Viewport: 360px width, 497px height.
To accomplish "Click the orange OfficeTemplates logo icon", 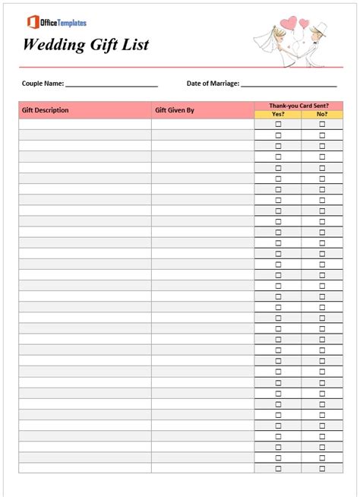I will click(x=33, y=22).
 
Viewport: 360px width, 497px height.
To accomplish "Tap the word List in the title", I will click(x=134, y=45).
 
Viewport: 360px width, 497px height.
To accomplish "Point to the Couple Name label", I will click(x=43, y=84).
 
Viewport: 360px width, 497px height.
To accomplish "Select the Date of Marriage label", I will click(x=213, y=84).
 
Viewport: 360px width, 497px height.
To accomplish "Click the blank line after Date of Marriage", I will click(x=289, y=85).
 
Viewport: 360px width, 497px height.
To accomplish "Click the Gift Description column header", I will click(x=46, y=110).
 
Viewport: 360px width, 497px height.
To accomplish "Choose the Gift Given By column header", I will click(x=175, y=110).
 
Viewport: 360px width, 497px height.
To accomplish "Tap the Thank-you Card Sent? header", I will click(x=298, y=106).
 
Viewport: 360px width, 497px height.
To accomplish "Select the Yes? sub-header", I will click(x=278, y=114).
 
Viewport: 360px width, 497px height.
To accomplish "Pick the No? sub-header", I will click(x=322, y=114).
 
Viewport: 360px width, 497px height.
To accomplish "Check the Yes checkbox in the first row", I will click(x=278, y=124).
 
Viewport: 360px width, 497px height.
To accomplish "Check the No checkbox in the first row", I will click(x=322, y=124).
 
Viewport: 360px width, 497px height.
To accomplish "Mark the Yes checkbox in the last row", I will click(x=278, y=469).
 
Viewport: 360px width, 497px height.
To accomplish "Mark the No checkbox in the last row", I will click(x=322, y=469).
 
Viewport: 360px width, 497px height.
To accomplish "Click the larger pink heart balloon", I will click(x=289, y=22).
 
